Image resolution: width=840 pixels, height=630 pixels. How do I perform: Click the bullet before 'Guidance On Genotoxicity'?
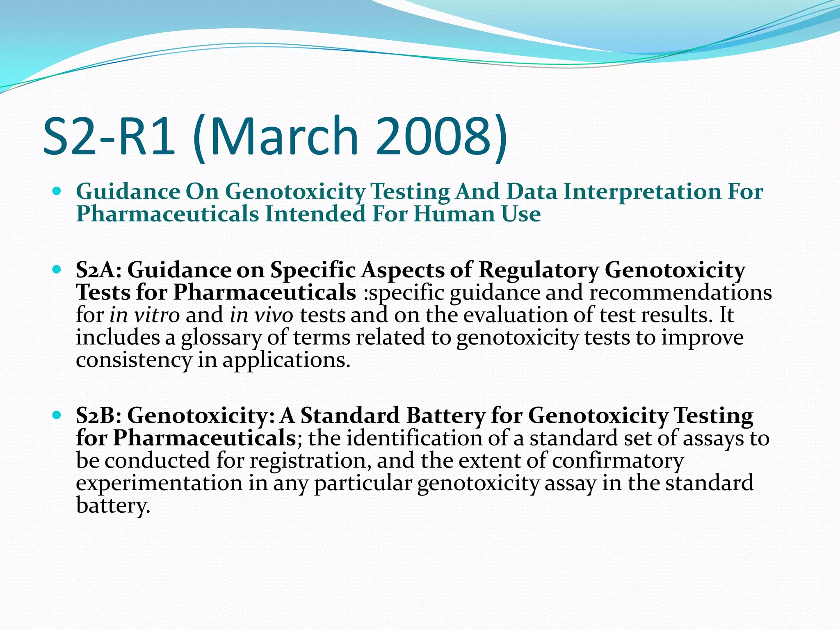[57, 191]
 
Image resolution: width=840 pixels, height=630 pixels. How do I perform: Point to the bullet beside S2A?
[57, 270]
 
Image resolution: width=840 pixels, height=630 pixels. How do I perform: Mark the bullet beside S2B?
[57, 415]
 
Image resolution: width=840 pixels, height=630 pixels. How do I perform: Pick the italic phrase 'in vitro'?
[144, 315]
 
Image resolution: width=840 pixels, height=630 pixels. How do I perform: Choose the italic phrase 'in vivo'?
[261, 315]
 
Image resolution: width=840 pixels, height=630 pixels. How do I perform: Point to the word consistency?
[134, 361]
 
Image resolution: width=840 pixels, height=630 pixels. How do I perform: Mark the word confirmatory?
[617, 461]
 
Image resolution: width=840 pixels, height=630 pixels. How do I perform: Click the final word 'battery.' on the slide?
[113, 506]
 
